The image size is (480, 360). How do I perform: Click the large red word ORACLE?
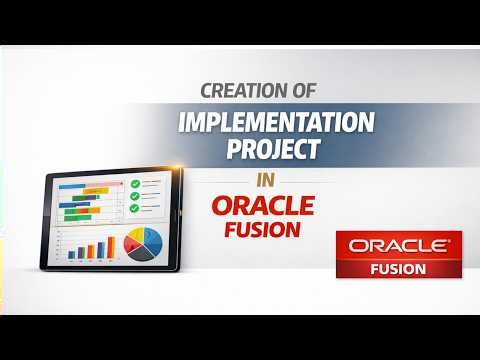click(x=262, y=205)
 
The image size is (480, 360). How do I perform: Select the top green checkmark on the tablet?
click(x=134, y=184)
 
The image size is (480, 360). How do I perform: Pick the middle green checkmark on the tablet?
click(x=134, y=196)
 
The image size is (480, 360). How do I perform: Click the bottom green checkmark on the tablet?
click(x=134, y=208)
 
